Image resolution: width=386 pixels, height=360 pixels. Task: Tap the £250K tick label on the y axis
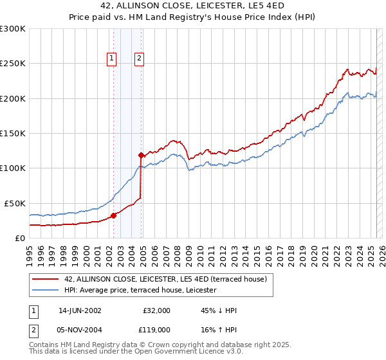click(13, 64)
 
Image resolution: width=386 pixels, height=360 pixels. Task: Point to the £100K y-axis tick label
click(13, 168)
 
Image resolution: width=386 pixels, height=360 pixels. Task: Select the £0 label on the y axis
click(18, 238)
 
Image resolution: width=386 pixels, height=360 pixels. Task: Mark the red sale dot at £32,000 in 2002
click(114, 215)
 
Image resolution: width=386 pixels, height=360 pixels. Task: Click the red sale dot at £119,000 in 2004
click(141, 155)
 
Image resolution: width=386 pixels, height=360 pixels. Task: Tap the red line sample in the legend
click(46, 279)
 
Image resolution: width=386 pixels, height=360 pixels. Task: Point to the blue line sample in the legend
click(46, 290)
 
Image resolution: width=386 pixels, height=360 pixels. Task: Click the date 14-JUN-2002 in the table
click(80, 310)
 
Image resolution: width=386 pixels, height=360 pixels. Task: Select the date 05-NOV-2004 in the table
click(80, 329)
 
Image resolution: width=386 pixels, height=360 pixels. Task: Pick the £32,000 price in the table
click(157, 310)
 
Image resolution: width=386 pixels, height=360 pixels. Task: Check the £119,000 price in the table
click(156, 329)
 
